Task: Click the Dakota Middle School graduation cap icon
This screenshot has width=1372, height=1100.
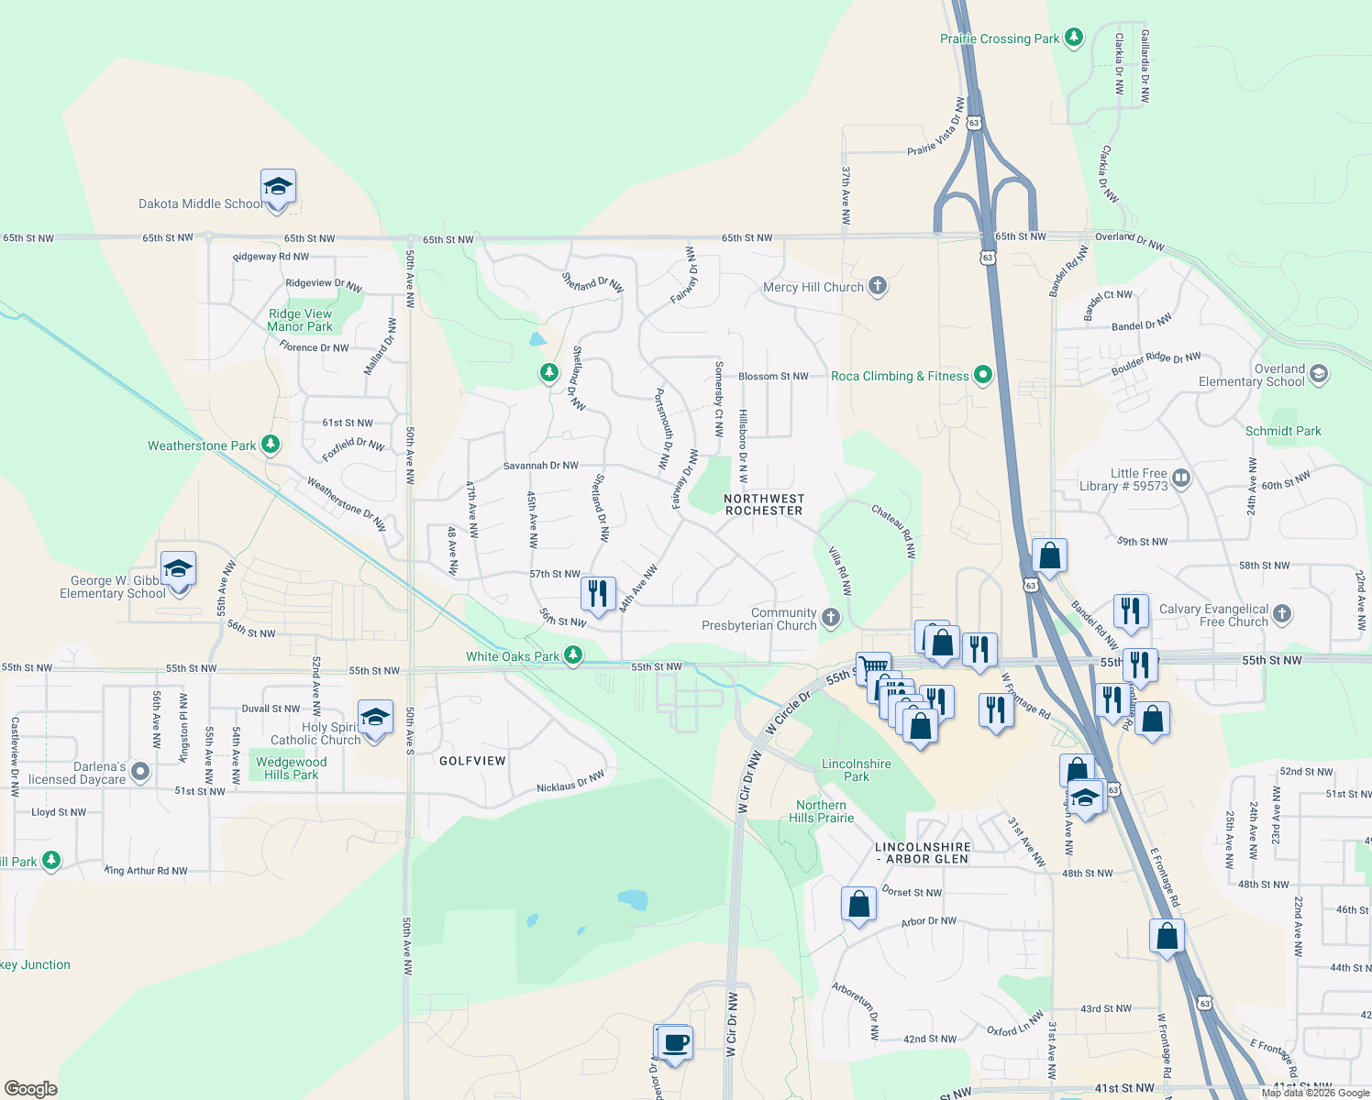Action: (278, 188)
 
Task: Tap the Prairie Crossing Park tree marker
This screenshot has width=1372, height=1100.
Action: (1074, 38)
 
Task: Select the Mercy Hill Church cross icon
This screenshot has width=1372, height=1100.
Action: (878, 286)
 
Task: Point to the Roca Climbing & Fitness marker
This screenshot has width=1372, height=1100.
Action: (983, 375)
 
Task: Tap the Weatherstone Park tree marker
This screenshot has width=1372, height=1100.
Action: (270, 445)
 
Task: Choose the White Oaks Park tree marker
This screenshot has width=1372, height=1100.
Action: (573, 655)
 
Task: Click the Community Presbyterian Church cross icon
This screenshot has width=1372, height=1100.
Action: (831, 617)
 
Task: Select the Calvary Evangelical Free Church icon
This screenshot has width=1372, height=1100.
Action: (1282, 613)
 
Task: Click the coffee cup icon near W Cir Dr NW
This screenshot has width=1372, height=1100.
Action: (675, 1042)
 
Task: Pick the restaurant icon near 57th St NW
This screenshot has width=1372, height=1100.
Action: (598, 593)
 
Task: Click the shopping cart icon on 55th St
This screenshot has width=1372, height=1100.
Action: (873, 667)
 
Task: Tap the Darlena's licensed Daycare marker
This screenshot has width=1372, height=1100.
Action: (140, 772)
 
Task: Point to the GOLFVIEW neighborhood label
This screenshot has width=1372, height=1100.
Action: (472, 761)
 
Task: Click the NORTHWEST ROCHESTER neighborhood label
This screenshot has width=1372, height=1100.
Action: (763, 505)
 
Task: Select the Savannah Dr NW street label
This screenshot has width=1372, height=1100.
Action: (540, 466)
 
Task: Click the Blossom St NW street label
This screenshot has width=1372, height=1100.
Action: (773, 376)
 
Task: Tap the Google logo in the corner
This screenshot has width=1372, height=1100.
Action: (31, 1088)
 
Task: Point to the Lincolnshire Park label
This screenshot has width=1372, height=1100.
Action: (856, 770)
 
